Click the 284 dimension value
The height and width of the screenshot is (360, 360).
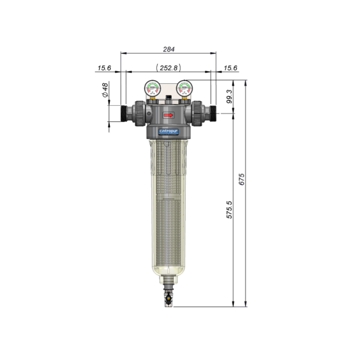[169, 49]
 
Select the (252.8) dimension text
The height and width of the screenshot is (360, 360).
[168, 68]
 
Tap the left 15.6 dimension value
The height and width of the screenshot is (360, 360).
[104, 68]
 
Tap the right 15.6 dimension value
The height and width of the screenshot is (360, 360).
[230, 68]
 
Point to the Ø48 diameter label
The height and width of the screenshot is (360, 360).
[105, 90]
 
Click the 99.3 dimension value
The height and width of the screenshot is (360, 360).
[229, 96]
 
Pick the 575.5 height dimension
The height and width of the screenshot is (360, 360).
[229, 210]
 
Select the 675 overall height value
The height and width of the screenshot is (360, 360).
[242, 179]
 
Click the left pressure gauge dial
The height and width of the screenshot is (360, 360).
[153, 88]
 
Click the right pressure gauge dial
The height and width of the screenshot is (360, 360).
[184, 88]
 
